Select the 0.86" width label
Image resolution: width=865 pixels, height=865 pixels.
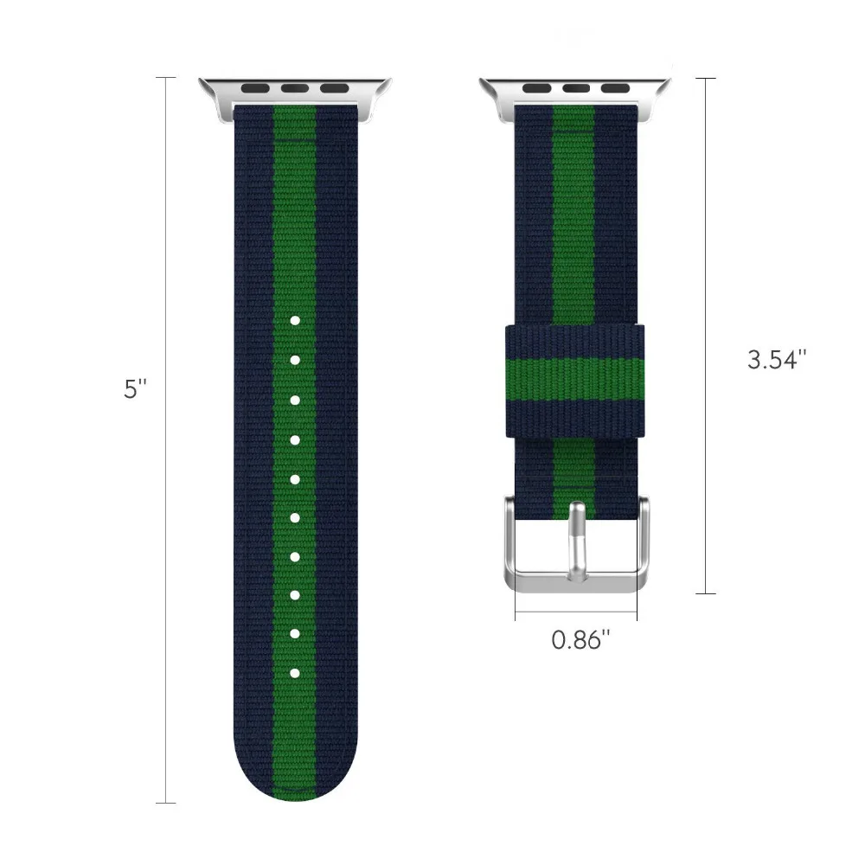pos(580,641)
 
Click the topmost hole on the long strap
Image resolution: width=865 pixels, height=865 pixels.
pos(294,321)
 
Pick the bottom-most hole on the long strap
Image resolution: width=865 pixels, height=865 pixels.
pos(294,672)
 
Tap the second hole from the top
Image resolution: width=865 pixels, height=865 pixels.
pos(294,360)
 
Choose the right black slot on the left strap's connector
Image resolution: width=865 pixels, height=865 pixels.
pos(332,87)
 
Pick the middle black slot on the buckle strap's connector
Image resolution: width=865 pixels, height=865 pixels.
pos(576,87)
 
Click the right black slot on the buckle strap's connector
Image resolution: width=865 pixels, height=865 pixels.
pos(614,87)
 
